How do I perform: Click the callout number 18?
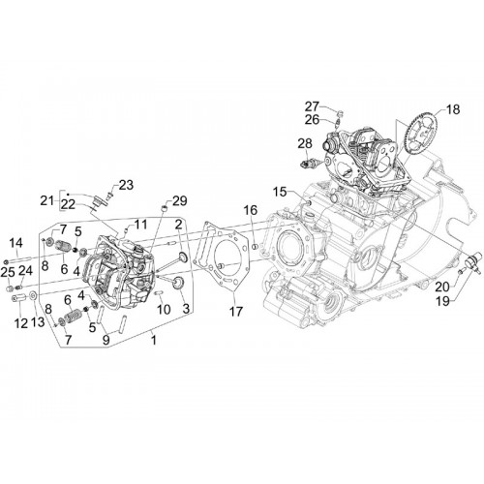(x=453, y=109)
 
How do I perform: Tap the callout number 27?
(x=312, y=106)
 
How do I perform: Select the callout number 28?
(x=305, y=143)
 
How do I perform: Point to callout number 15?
(x=280, y=192)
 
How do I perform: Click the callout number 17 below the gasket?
(x=236, y=312)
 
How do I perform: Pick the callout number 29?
(x=180, y=200)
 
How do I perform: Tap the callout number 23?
(x=126, y=185)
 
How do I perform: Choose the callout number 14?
(x=15, y=242)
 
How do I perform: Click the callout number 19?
(x=442, y=301)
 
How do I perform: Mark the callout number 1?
(x=154, y=340)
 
